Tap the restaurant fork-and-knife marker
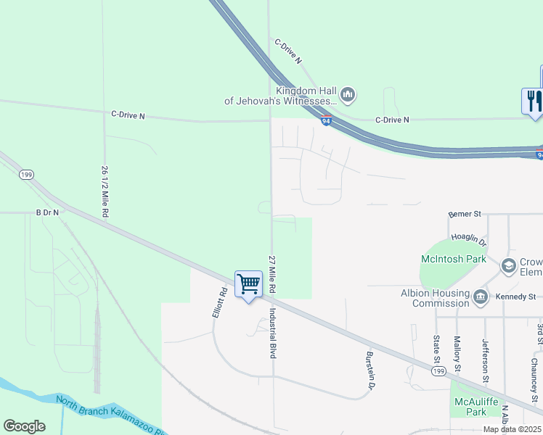[x=532, y=100]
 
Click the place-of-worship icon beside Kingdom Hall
[x=348, y=94]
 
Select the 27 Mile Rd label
[x=273, y=274]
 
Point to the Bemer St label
[x=465, y=214]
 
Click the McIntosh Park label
[x=454, y=259]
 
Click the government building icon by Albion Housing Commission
[x=481, y=297]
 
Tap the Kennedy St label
[x=515, y=297]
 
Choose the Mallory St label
[x=457, y=354]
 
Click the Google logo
[x=24, y=426]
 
